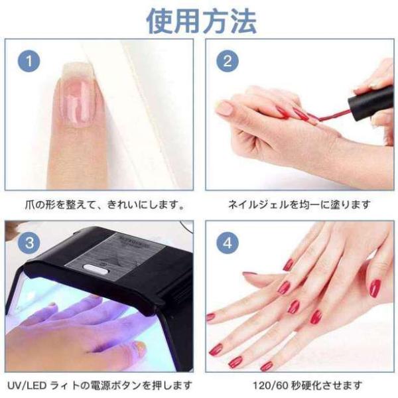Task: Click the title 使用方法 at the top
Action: point(202,21)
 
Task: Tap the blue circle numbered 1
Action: point(29,61)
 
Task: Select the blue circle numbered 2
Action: point(228,61)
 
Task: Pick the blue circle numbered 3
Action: point(29,243)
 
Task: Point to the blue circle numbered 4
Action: point(228,243)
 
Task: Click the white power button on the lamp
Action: point(94,269)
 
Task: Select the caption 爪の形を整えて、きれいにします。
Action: point(105,204)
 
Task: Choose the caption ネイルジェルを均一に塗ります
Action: point(298,204)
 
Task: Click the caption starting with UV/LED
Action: point(99,385)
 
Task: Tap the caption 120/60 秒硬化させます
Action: point(307,385)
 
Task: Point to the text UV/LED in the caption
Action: point(27,386)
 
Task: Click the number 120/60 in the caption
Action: point(271,386)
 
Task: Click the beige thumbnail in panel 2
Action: point(226,107)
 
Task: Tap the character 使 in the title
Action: point(160,21)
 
